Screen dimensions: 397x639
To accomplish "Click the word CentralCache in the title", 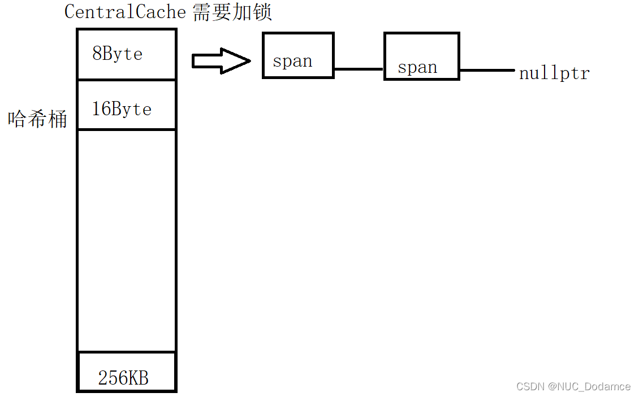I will coord(125,12).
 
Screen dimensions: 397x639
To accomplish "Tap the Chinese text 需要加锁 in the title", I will coord(232,12).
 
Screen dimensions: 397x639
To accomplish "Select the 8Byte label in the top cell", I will coord(118,54).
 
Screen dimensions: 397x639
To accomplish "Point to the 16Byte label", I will coord(122,108).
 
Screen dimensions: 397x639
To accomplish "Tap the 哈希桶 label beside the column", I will coord(37,119).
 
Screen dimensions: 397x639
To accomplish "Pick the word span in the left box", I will coord(292,61).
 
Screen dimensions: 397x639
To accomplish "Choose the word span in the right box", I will coord(417,68).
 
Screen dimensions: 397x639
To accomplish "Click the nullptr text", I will coord(554,73).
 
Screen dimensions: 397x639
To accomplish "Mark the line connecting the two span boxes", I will coord(359,69).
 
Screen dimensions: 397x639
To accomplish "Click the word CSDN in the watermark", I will coord(528,387).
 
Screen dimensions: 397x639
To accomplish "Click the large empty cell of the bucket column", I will coord(126,240).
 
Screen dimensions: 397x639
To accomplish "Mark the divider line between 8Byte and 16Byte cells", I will coord(126,80).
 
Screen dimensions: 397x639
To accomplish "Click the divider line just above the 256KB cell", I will coord(126,352).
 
